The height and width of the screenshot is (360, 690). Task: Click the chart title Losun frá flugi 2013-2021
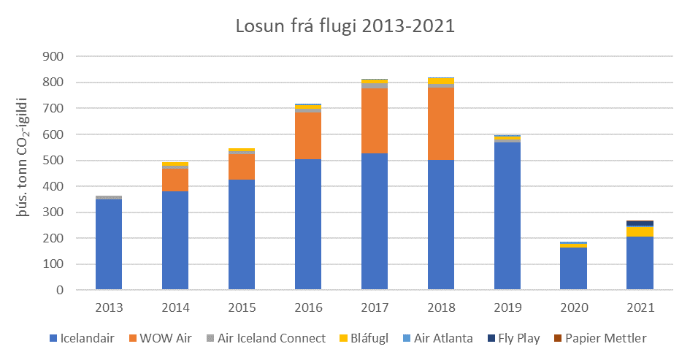[345, 27]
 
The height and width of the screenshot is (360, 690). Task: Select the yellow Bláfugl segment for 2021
[640, 231]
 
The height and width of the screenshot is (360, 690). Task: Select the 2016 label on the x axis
[308, 308]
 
